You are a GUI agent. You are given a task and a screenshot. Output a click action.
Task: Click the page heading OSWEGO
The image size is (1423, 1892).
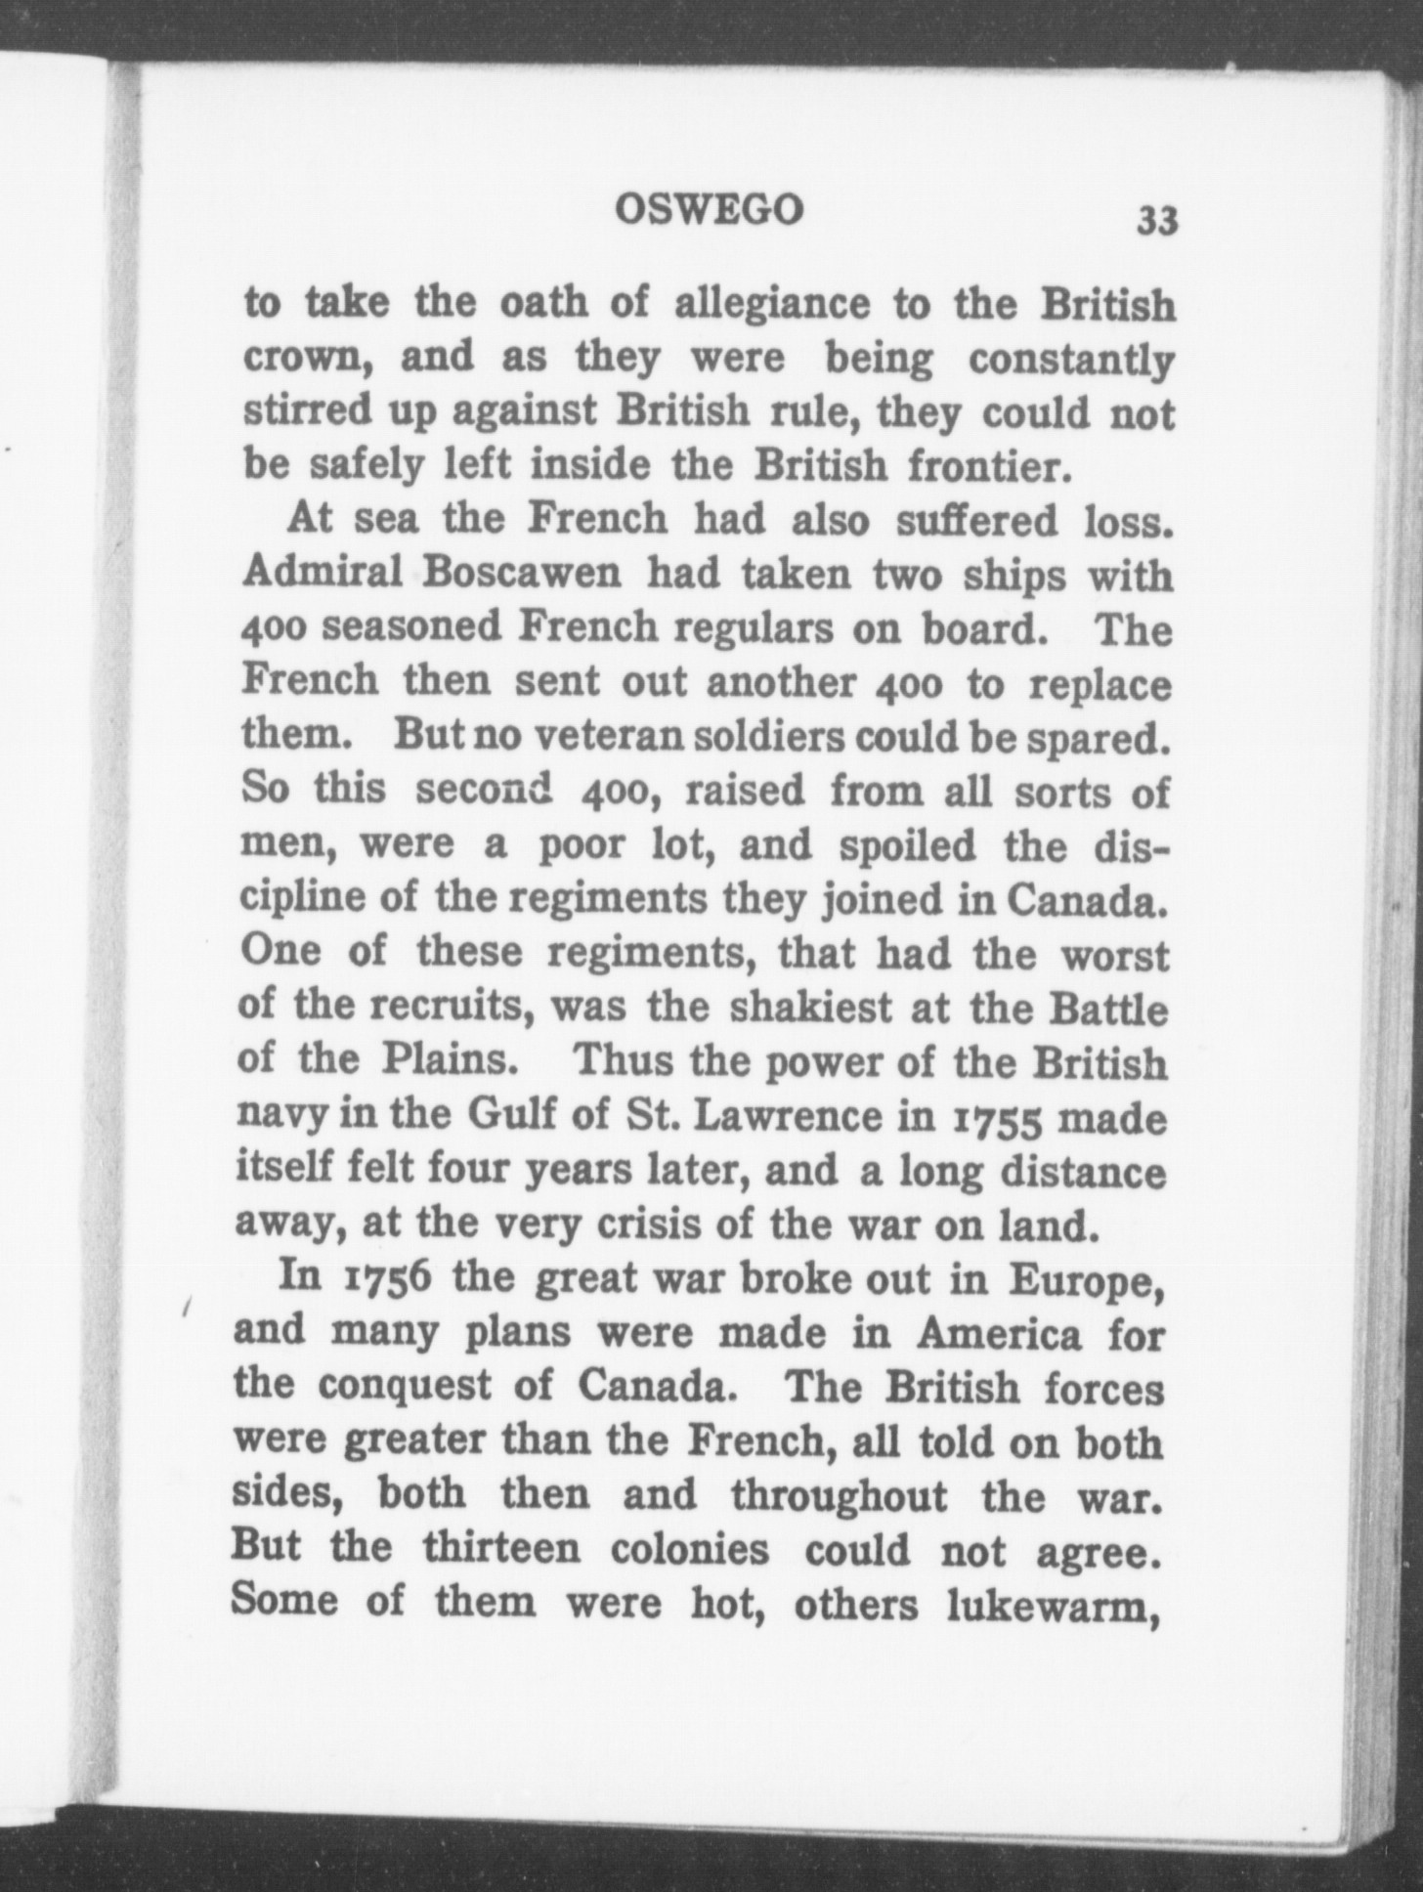pyautogui.click(x=711, y=209)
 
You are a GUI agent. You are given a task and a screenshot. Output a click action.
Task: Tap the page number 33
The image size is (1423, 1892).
pyautogui.click(x=1156, y=222)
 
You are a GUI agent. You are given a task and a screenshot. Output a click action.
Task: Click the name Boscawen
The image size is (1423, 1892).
pyautogui.click(x=523, y=575)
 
